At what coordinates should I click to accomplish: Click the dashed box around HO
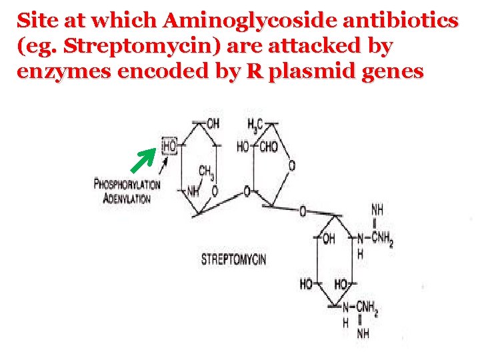pos(169,145)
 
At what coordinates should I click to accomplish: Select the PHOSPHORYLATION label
pos(127,185)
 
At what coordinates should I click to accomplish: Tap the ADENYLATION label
pos(127,198)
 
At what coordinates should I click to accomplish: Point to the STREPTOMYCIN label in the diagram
pos(233,259)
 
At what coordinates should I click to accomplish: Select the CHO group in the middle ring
pos(267,146)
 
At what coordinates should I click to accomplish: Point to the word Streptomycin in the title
pos(100,46)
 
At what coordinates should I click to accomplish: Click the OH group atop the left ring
pos(212,124)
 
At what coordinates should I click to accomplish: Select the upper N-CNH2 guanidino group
pos(377,238)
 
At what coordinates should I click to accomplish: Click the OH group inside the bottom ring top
pos(328,238)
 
